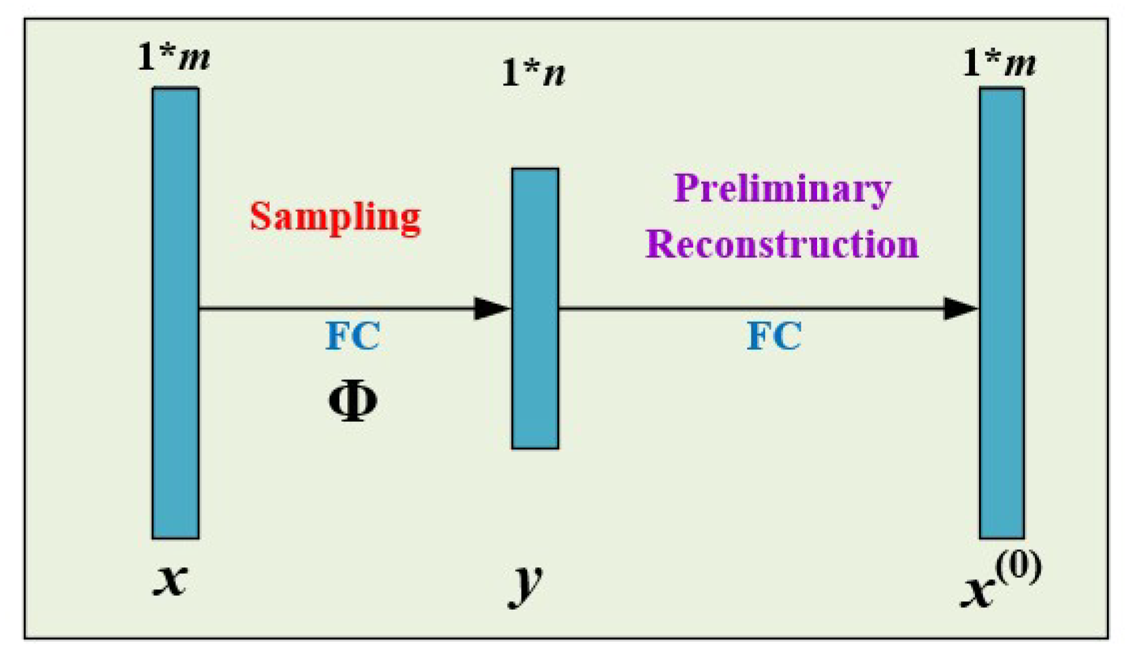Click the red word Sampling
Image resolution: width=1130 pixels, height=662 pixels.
click(x=335, y=218)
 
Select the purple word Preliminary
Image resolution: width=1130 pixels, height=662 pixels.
click(x=782, y=189)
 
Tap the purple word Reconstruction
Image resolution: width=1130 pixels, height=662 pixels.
click(x=781, y=244)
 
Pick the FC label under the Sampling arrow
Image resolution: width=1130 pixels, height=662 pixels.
click(x=353, y=336)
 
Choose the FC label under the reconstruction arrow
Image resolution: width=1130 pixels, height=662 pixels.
click(x=774, y=336)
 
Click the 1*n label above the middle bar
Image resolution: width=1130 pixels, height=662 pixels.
click(x=533, y=73)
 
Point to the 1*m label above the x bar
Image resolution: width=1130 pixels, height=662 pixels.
click(x=173, y=57)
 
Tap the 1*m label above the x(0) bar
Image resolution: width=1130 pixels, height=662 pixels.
click(x=999, y=62)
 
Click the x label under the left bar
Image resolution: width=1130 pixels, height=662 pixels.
click(x=171, y=579)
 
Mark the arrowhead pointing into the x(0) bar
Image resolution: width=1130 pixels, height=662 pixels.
click(x=959, y=308)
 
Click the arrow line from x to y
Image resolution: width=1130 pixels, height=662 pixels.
click(x=334, y=308)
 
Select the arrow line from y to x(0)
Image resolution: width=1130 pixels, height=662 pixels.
click(x=749, y=308)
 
